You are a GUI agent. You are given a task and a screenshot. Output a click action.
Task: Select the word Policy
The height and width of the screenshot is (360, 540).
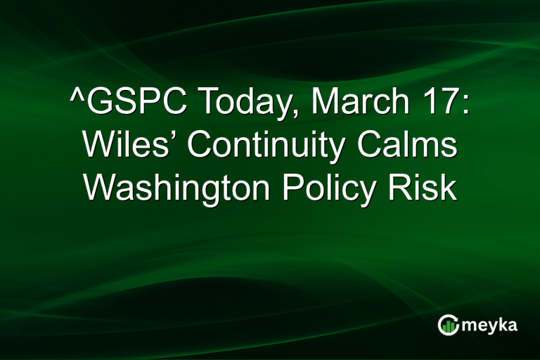click(x=331, y=189)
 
